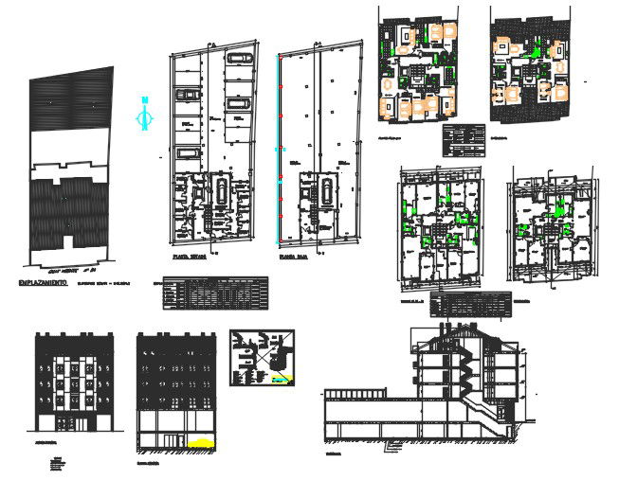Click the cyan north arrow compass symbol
click(x=144, y=115)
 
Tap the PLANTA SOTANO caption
click(x=191, y=256)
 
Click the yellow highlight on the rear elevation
click(x=200, y=441)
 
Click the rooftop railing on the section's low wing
click(x=355, y=389)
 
